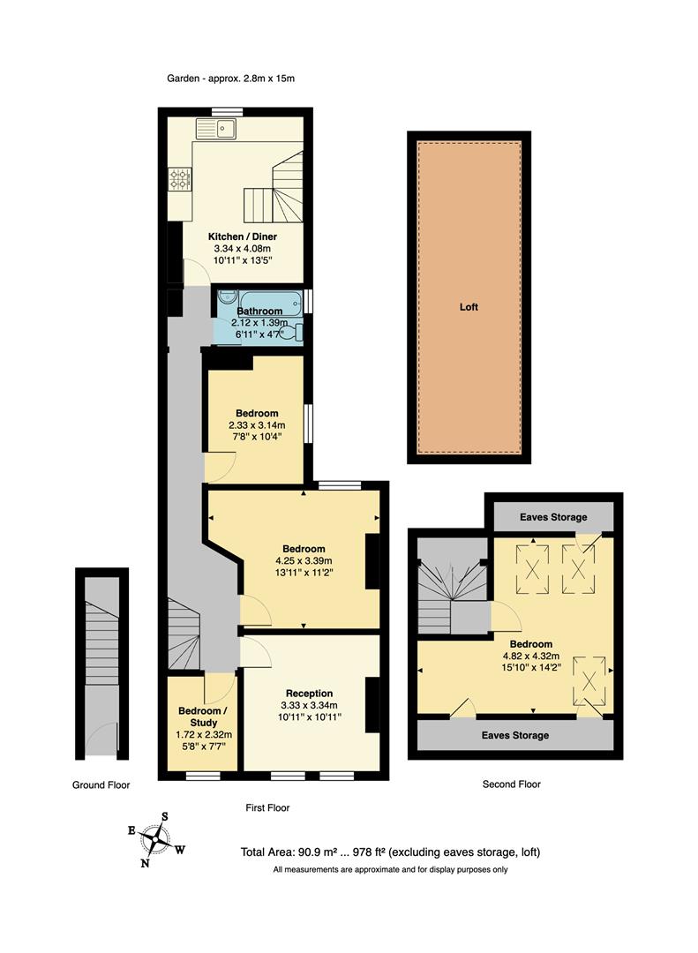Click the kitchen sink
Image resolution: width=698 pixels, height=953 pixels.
[x=218, y=130]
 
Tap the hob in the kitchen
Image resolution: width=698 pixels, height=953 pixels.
[x=180, y=181]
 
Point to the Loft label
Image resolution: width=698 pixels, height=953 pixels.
[x=469, y=307]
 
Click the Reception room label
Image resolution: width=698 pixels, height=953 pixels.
[x=309, y=693]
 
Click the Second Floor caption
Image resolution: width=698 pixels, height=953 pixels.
[x=512, y=784]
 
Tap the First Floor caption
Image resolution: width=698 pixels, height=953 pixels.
[x=266, y=807]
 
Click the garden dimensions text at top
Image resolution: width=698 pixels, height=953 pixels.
[x=230, y=79]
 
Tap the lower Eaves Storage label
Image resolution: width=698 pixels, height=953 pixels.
[x=514, y=735]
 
